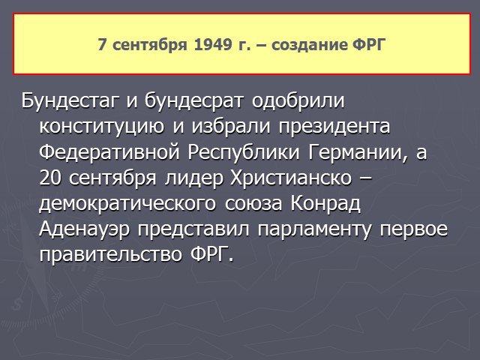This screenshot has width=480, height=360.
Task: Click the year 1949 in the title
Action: coord(213,45)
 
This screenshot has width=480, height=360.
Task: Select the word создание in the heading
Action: coord(309,45)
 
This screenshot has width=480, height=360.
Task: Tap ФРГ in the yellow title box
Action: coord(367,45)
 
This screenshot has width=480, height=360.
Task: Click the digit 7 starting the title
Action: coord(102,45)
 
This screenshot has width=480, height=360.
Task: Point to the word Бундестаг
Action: coord(70,100)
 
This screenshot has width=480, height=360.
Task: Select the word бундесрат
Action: coord(194,100)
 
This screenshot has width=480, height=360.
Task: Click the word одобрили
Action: coord(298,100)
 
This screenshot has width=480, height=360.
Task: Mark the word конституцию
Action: coord(102,126)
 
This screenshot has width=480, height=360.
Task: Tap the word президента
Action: coord(334,126)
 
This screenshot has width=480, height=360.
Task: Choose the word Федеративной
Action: coord(109,151)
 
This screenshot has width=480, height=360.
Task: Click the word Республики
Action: coord(244,152)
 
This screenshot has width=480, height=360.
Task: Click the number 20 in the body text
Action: coord(50,178)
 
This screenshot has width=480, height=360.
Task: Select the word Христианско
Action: coord(291,178)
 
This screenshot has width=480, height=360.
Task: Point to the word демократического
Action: coord(127,203)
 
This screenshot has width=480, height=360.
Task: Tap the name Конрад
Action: coord(325,203)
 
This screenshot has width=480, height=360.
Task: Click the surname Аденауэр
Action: coord(85,229)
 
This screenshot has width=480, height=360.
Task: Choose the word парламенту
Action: coord(314,229)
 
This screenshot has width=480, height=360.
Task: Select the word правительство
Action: coord(110,255)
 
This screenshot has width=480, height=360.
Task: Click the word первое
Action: coord(413,229)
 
